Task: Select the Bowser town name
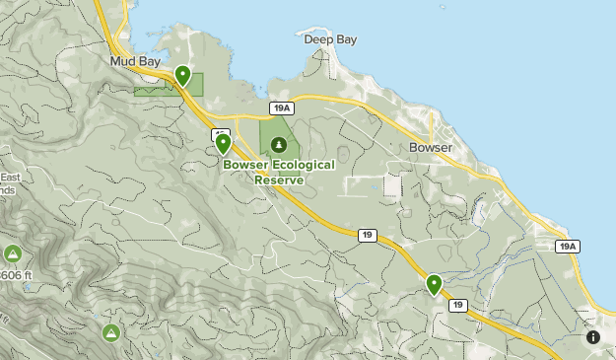[x=430, y=148]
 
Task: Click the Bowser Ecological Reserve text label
[x=279, y=172]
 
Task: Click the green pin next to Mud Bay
[x=182, y=75]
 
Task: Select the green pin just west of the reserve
[x=223, y=143]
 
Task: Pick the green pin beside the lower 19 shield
[x=434, y=285]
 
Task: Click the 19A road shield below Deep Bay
[x=281, y=108]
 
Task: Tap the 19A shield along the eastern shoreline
[x=566, y=247]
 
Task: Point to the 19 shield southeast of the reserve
[x=367, y=235]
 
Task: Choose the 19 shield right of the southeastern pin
[x=457, y=306]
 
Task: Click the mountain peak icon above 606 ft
[x=13, y=253]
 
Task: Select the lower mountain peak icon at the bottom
[x=110, y=332]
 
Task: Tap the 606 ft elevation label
[x=12, y=276]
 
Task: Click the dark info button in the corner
[x=592, y=337]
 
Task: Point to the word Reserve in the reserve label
[x=279, y=180]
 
